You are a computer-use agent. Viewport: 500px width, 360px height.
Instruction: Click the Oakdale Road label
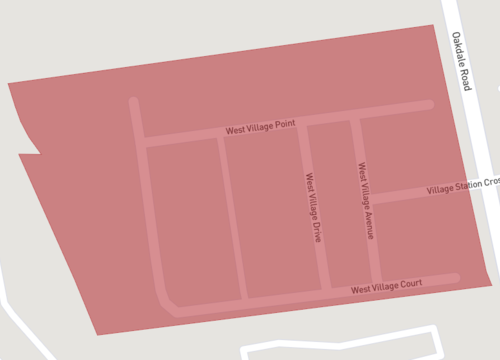click(461, 61)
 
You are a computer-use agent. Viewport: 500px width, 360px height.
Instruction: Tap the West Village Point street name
click(260, 128)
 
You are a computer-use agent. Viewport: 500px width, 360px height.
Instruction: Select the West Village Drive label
click(312, 208)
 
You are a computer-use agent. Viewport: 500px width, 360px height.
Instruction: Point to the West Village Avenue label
click(366, 200)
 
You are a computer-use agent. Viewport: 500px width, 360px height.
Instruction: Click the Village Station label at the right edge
click(462, 186)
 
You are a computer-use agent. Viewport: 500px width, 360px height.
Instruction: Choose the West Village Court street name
click(386, 287)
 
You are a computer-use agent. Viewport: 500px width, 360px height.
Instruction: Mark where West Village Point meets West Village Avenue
click(355, 118)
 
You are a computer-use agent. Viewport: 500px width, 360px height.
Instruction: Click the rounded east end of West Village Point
click(429, 104)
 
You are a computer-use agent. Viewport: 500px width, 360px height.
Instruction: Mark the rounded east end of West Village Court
click(455, 276)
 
